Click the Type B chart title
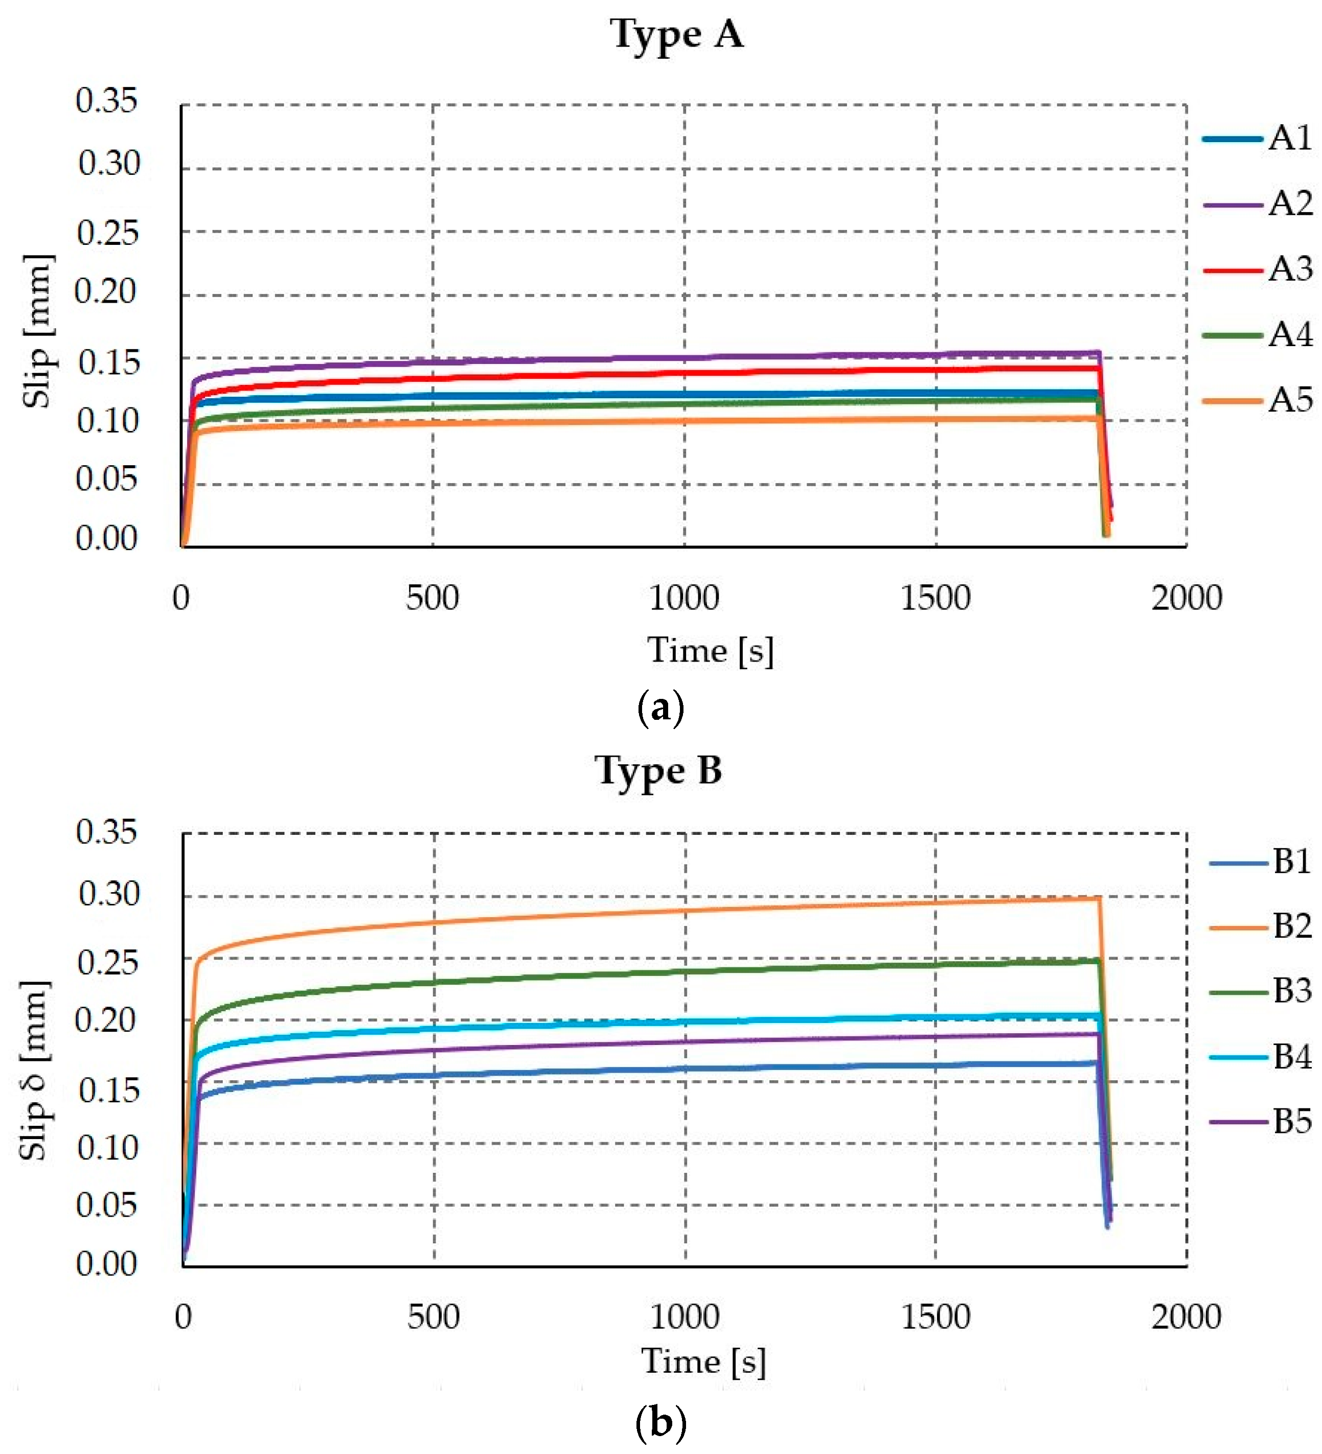pos(658,771)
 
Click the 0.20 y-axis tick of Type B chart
pos(106,1020)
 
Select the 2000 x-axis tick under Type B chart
pos(1186,1317)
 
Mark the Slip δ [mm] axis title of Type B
pos(35,1071)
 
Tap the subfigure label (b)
pos(660,1423)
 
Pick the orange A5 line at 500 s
pos(432,423)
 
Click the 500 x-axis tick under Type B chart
pos(434,1317)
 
